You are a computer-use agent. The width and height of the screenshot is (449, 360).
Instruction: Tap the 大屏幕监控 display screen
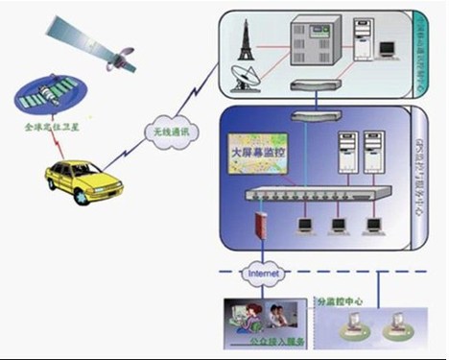259,158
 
